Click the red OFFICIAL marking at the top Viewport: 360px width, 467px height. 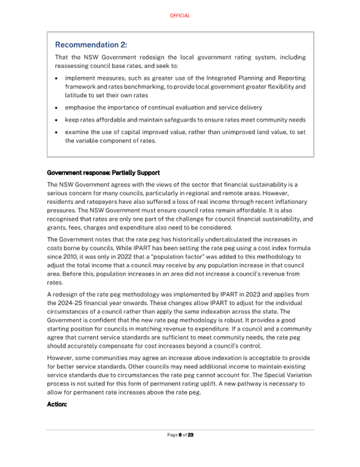click(180, 16)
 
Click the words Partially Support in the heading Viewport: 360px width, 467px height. click(134, 173)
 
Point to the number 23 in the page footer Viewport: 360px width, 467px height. click(190, 435)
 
